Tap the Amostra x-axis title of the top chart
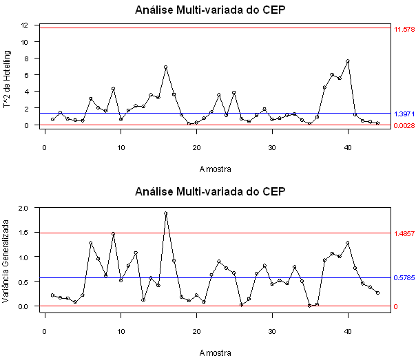click(x=216, y=169)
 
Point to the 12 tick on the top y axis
click(x=24, y=25)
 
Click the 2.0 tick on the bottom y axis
click(x=22, y=207)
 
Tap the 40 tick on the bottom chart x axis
click(x=348, y=332)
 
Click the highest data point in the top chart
click(x=348, y=61)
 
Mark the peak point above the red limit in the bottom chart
click(x=166, y=213)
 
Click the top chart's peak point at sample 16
click(x=166, y=67)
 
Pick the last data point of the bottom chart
click(x=378, y=293)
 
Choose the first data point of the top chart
click(x=52, y=120)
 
